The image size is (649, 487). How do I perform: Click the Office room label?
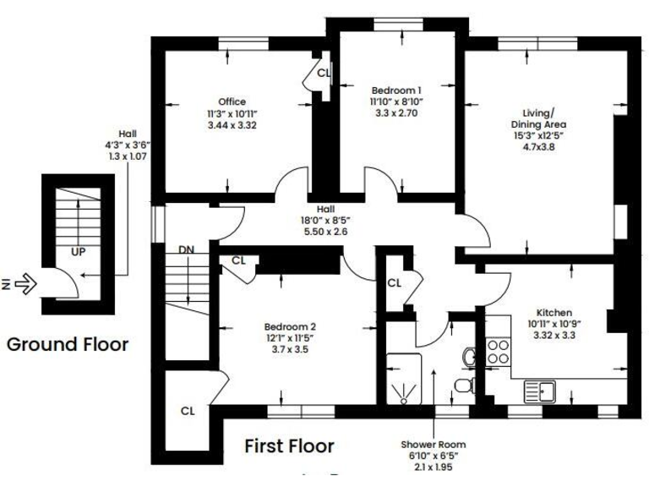pos(232,101)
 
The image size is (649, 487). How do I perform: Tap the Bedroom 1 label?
pos(396,90)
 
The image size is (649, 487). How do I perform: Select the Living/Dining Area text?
pos(538,118)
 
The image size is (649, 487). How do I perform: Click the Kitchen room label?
pos(554,312)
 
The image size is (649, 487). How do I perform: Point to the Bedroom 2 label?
pos(290,327)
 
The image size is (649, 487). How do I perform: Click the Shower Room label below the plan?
pos(434,445)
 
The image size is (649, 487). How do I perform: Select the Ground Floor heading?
pos(68,345)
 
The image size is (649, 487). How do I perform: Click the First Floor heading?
pos(289,445)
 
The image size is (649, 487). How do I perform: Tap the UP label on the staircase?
pos(78,252)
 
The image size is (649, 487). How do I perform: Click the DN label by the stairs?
pos(187,250)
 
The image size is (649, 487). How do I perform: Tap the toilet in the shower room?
pos(462,386)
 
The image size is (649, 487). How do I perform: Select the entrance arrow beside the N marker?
pos(28,285)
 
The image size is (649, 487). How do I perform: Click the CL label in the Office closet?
pos(323,74)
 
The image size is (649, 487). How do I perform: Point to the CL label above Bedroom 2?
pos(238,260)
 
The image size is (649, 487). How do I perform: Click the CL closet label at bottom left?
pos(188,411)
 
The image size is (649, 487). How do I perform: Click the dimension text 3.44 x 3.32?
pos(232,125)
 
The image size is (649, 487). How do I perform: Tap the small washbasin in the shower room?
pos(469,357)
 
